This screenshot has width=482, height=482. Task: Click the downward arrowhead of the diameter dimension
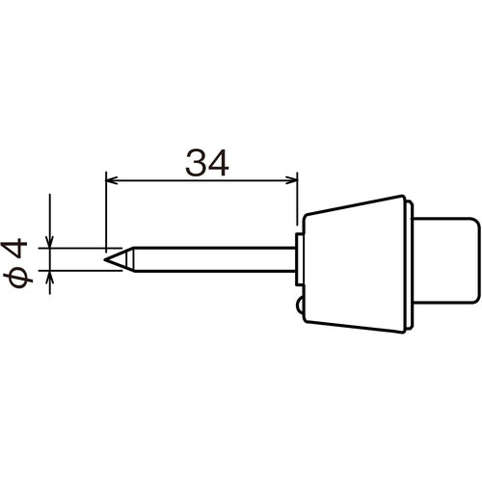coord(46,241)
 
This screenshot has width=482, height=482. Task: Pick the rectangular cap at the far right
coord(448,257)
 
